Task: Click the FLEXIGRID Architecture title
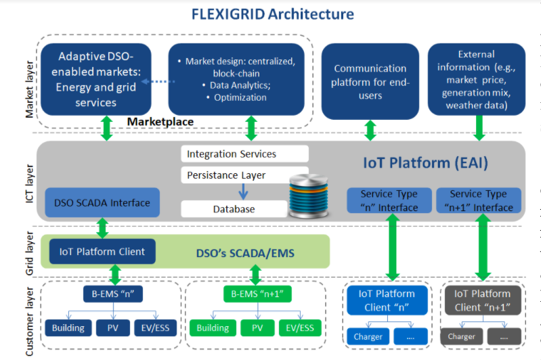272,14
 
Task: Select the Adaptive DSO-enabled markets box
95,78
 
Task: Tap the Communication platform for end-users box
370,82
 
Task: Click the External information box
476,81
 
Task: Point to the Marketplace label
160,122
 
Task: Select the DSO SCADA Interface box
101,202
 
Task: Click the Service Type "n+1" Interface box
479,200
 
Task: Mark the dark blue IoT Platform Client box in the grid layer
102,252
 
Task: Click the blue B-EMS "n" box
114,294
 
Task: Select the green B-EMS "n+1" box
255,294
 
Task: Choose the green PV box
257,328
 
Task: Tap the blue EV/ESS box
156,328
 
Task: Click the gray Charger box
461,336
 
